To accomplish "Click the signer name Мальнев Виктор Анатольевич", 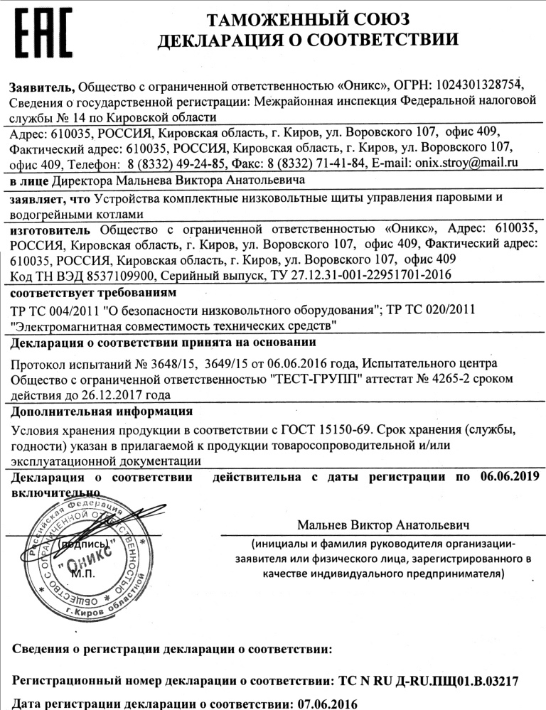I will [384, 526].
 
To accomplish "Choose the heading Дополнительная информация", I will [102, 412].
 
